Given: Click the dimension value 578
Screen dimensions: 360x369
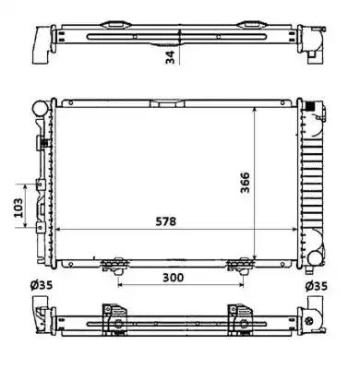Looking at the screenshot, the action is [165, 221].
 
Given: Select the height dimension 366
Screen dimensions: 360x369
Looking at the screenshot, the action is [246, 183].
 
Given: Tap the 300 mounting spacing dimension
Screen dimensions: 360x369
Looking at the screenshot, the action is [173, 278].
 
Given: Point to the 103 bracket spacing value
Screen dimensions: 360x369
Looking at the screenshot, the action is [19, 208].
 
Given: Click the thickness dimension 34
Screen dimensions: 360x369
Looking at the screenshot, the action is [170, 57].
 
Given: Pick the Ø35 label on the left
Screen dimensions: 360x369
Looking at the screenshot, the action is [42, 285].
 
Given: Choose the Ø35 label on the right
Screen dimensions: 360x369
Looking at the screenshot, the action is [317, 286].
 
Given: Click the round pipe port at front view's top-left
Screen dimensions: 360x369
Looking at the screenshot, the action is [40, 108].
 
